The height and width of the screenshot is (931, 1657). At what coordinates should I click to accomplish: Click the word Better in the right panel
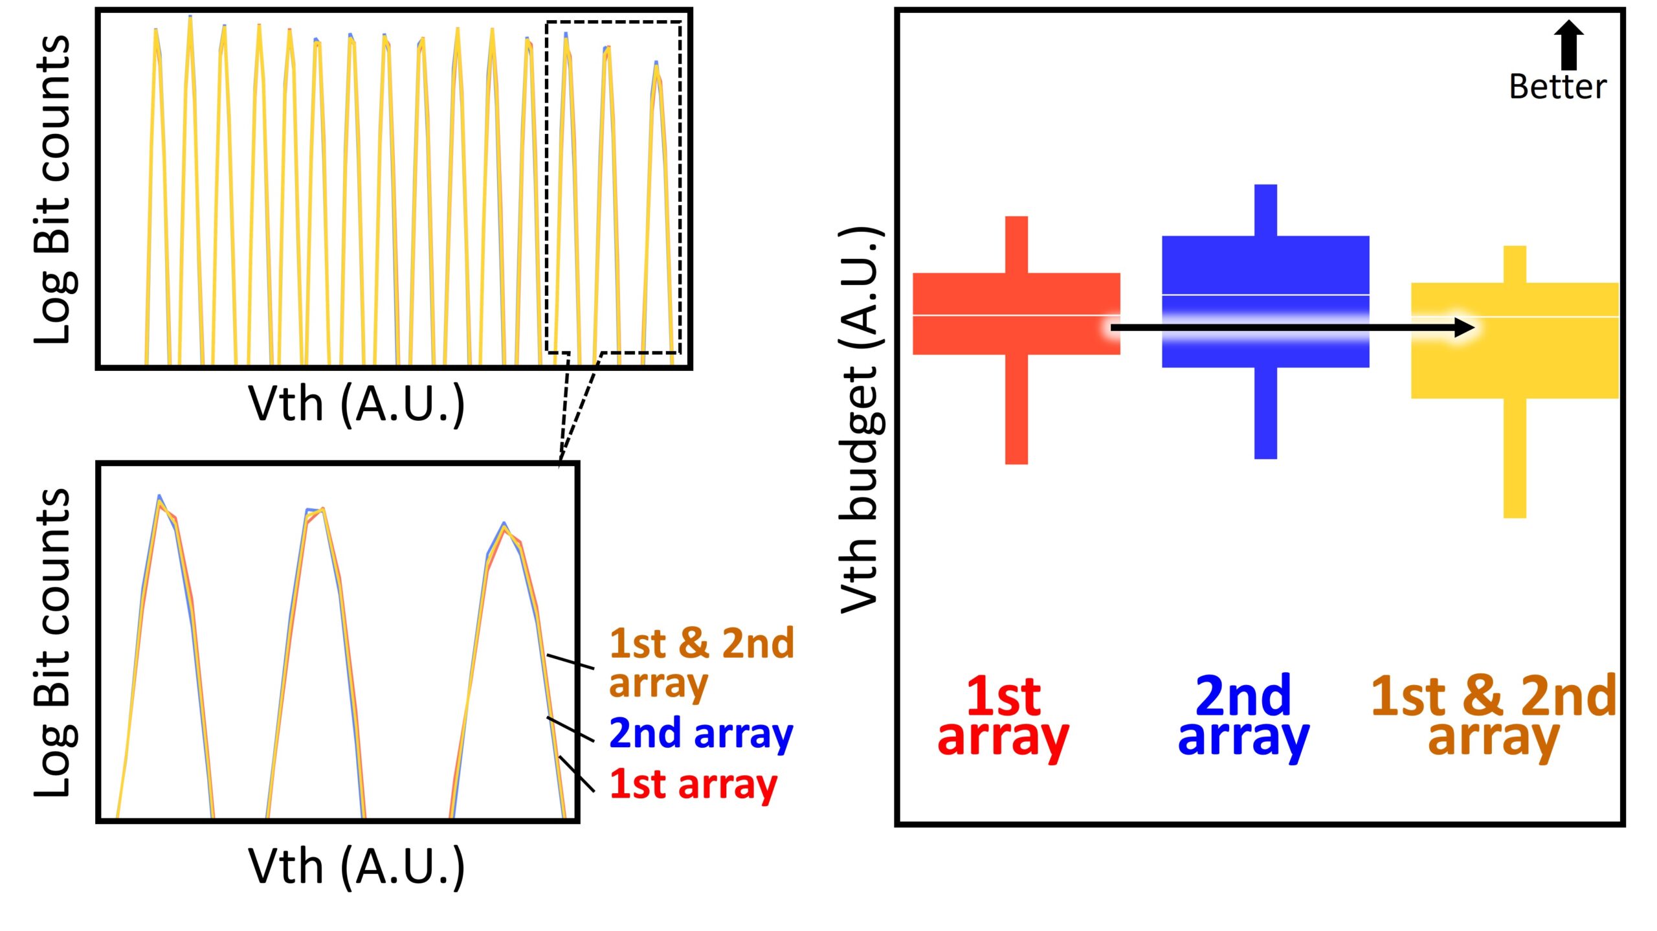coord(1557,87)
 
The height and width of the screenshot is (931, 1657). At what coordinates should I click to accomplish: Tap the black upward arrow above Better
coord(1569,45)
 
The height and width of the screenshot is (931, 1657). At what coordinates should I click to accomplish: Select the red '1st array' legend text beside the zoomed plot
coord(693,784)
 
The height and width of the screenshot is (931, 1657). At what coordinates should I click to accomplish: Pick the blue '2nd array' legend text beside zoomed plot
coord(701,734)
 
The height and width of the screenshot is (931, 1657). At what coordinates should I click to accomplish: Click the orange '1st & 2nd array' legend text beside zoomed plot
coord(701,662)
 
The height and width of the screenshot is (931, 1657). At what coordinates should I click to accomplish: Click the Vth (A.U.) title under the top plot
coord(357,405)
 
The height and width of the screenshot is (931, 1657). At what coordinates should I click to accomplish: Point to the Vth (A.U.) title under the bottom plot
coord(357,867)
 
